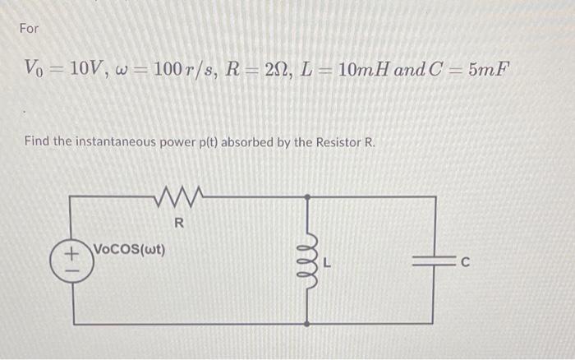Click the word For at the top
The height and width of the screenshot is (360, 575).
click(29, 29)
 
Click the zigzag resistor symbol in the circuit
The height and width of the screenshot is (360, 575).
click(180, 197)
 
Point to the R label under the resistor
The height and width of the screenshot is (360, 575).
click(180, 223)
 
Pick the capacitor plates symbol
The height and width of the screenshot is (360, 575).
click(433, 261)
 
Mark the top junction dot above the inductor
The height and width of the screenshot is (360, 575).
click(307, 197)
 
